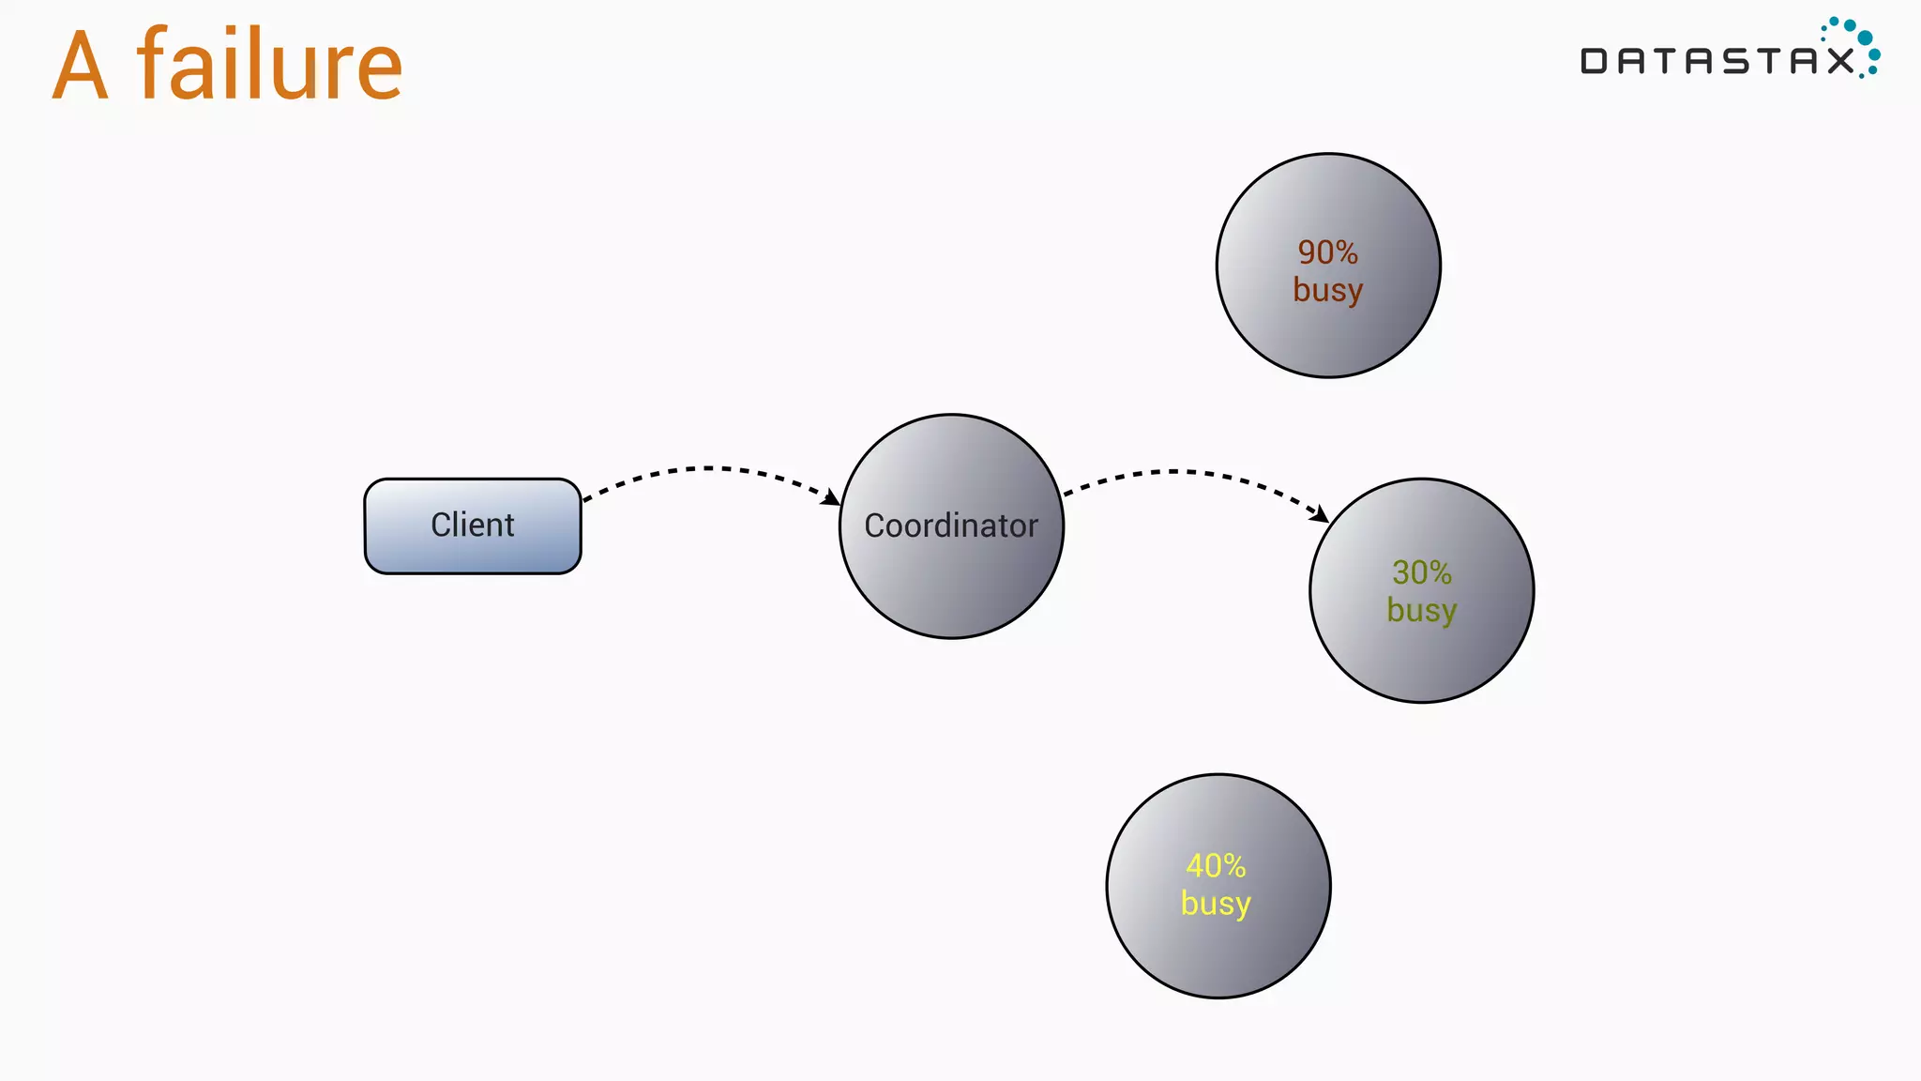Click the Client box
click(473, 525)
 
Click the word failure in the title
click(270, 66)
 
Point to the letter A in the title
click(81, 68)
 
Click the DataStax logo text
click(1717, 62)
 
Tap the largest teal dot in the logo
click(1865, 38)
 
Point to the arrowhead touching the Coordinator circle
click(831, 497)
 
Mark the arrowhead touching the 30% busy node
click(1321, 514)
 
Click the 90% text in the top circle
click(1327, 252)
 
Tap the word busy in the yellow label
click(1216, 904)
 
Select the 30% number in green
click(1421, 572)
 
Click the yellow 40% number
click(1216, 865)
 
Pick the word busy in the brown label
click(1327, 290)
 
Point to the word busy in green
click(1421, 611)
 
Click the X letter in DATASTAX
click(1841, 62)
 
